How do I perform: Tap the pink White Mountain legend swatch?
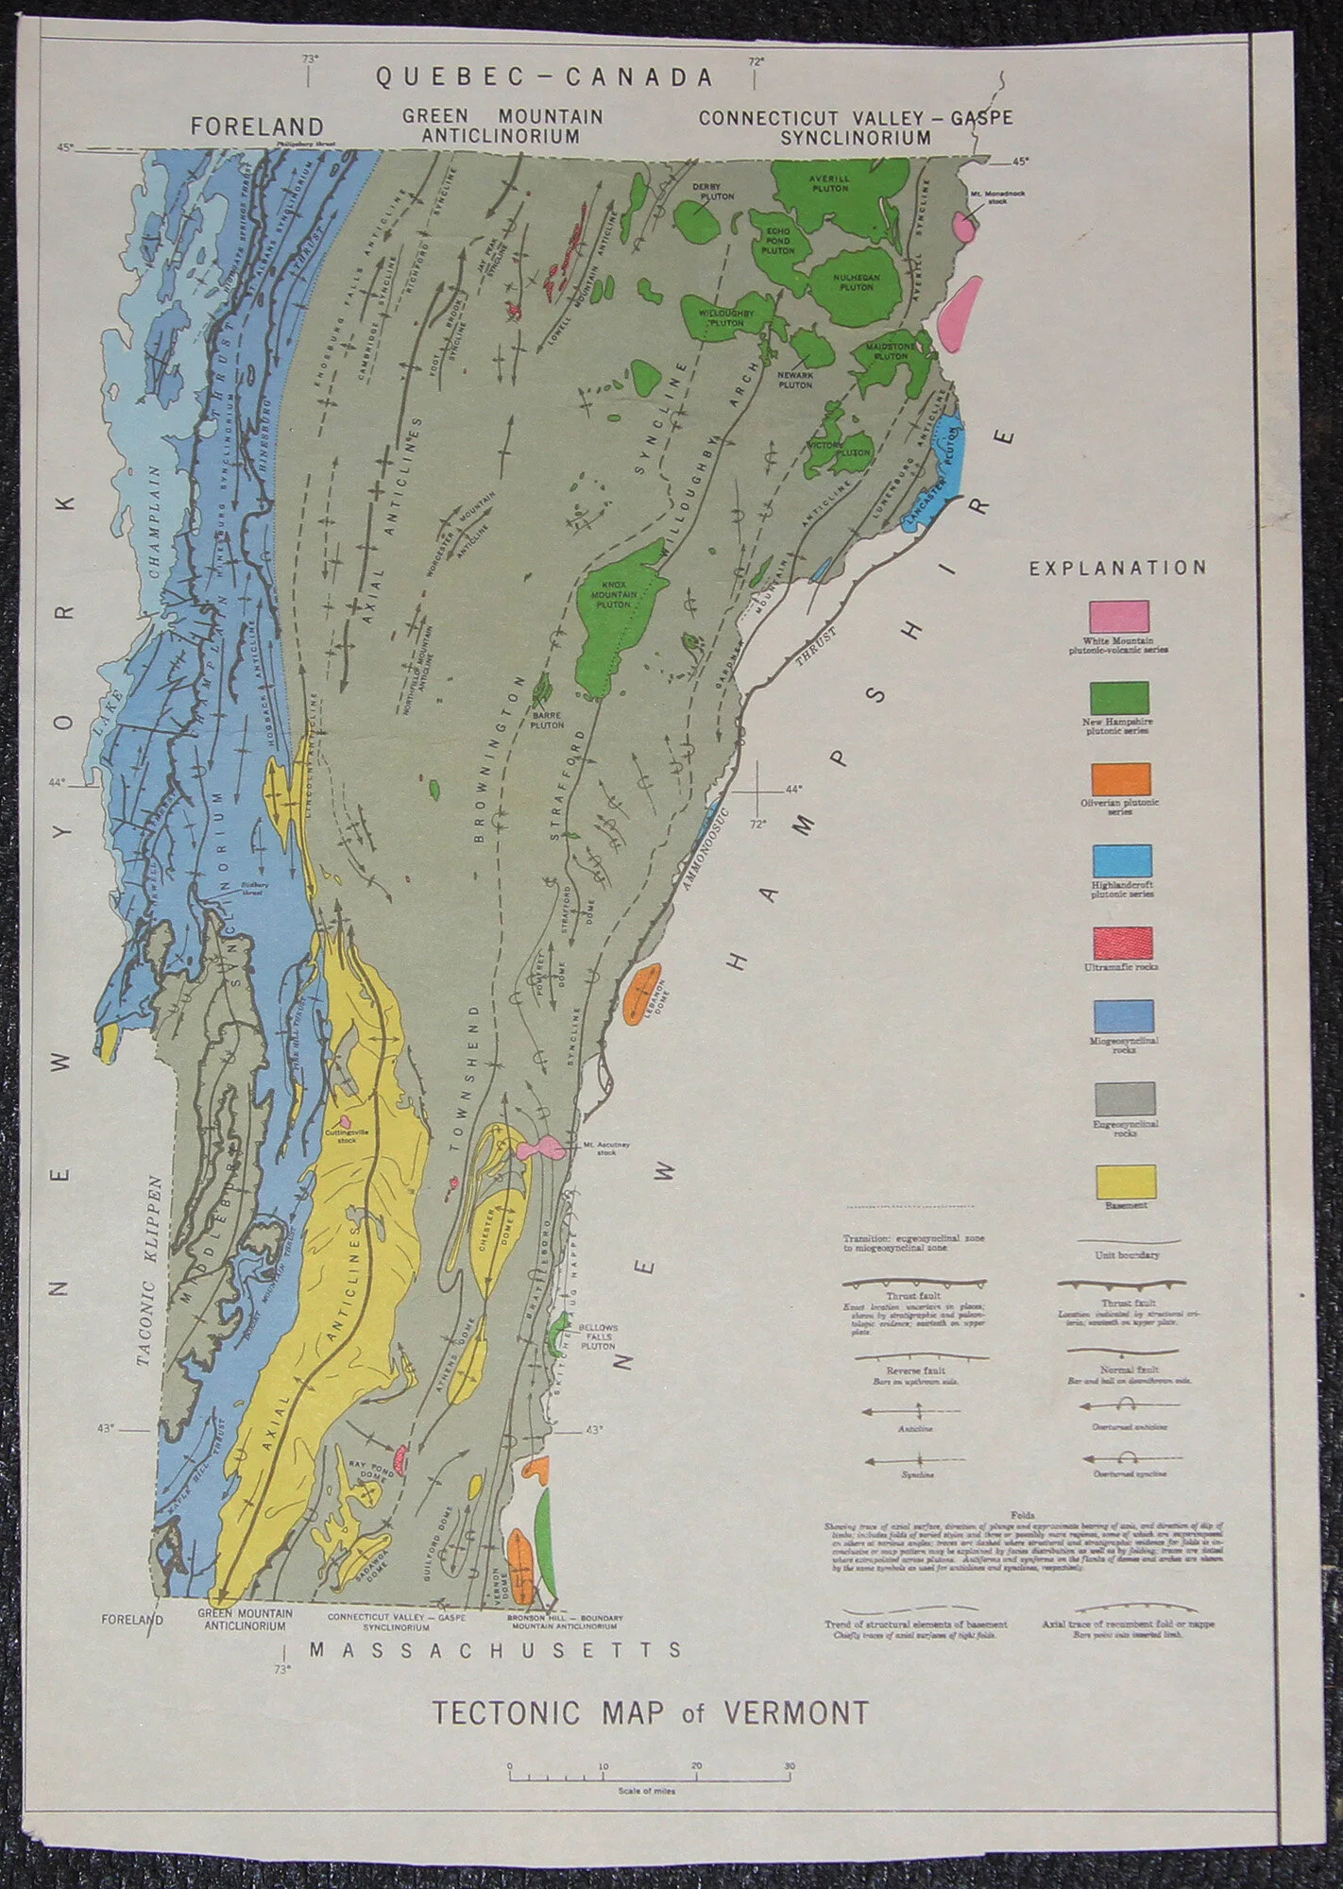1119,616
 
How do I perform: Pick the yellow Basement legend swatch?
1126,1182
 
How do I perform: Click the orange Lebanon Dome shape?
642,991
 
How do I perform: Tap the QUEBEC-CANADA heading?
545,77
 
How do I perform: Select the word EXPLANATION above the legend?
1117,568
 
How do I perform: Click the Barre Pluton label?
547,721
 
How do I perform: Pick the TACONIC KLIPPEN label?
150,1271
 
